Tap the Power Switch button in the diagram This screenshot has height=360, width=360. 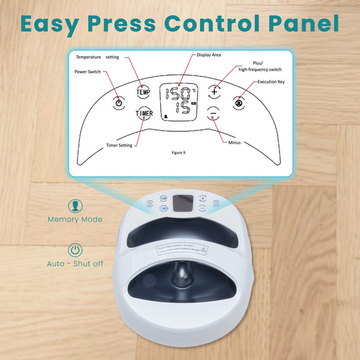point(118,103)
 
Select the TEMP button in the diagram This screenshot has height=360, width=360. point(143,92)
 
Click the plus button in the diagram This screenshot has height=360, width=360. point(214,92)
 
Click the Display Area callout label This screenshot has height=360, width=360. point(210,55)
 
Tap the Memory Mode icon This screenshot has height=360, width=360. point(76,206)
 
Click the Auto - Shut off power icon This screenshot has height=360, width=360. point(76,250)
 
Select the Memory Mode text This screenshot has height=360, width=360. point(76,220)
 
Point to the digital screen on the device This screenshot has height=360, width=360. point(182,203)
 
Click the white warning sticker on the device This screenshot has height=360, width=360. point(181,250)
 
